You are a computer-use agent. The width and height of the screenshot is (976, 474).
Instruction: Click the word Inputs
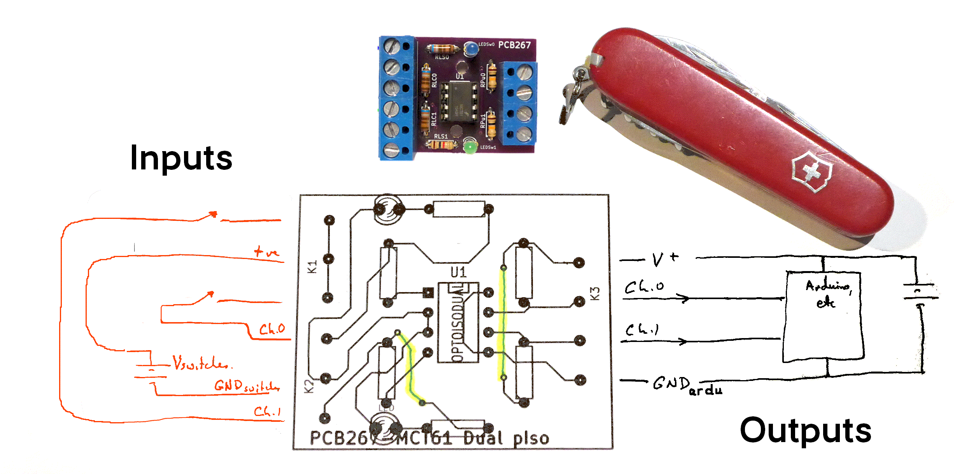(181, 158)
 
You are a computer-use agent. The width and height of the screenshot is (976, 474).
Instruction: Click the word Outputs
(805, 430)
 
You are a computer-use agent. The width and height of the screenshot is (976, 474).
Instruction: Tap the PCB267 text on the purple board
(514, 45)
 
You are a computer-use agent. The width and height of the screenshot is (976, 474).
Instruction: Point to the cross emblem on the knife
(812, 171)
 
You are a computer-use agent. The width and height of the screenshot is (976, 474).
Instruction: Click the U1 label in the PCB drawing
(459, 272)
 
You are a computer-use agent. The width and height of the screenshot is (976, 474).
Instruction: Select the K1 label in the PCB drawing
(312, 267)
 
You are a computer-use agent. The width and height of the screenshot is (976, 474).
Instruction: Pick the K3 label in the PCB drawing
(595, 294)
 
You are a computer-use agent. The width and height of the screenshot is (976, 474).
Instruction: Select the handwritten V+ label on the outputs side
(665, 259)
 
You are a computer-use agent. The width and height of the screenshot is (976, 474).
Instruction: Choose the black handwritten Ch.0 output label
(644, 287)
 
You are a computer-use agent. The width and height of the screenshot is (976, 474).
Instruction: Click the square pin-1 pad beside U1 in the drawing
(428, 293)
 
